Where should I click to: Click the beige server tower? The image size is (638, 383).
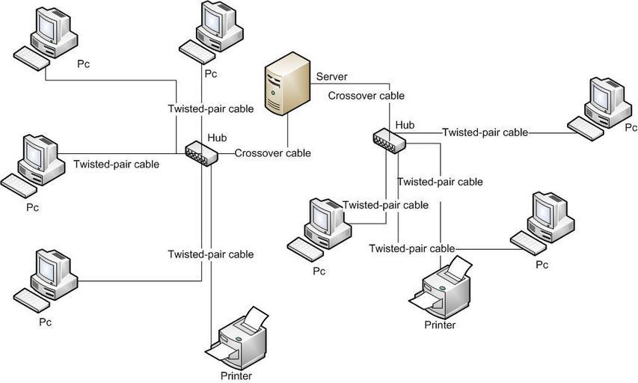pyautogui.click(x=288, y=84)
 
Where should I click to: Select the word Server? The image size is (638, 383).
pyautogui.click(x=331, y=76)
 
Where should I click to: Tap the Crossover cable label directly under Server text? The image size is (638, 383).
pyautogui.click(x=366, y=96)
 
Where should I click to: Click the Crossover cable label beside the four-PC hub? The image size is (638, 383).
pyautogui.click(x=272, y=153)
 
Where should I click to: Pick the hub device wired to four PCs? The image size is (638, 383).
pyautogui.click(x=201, y=153)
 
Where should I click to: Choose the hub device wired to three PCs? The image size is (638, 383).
pyautogui.click(x=390, y=141)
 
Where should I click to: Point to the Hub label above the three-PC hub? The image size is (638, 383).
pyautogui.click(x=405, y=125)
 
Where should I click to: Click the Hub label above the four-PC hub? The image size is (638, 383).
pyautogui.click(x=217, y=138)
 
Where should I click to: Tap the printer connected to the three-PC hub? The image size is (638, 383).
pyautogui.click(x=441, y=287)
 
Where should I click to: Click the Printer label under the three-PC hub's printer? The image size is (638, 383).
pyautogui.click(x=440, y=325)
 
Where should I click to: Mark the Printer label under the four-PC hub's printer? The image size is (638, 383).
pyautogui.click(x=236, y=376)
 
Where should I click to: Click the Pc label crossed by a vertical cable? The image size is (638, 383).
pyautogui.click(x=211, y=73)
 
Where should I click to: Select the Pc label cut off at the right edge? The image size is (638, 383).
pyautogui.click(x=631, y=128)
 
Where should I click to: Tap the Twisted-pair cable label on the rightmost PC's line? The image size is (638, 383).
pyautogui.click(x=485, y=132)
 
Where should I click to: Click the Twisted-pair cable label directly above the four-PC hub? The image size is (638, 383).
pyautogui.click(x=211, y=108)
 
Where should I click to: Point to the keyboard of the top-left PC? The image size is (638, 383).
pyautogui.click(x=31, y=58)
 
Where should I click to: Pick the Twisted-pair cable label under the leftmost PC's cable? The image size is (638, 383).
pyautogui.click(x=117, y=164)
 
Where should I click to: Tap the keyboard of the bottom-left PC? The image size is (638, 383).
pyautogui.click(x=31, y=301)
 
